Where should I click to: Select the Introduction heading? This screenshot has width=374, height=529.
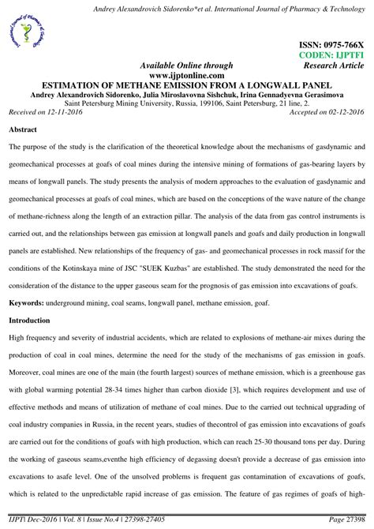pos(30,321)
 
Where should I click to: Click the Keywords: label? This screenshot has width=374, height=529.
pos(28,303)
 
